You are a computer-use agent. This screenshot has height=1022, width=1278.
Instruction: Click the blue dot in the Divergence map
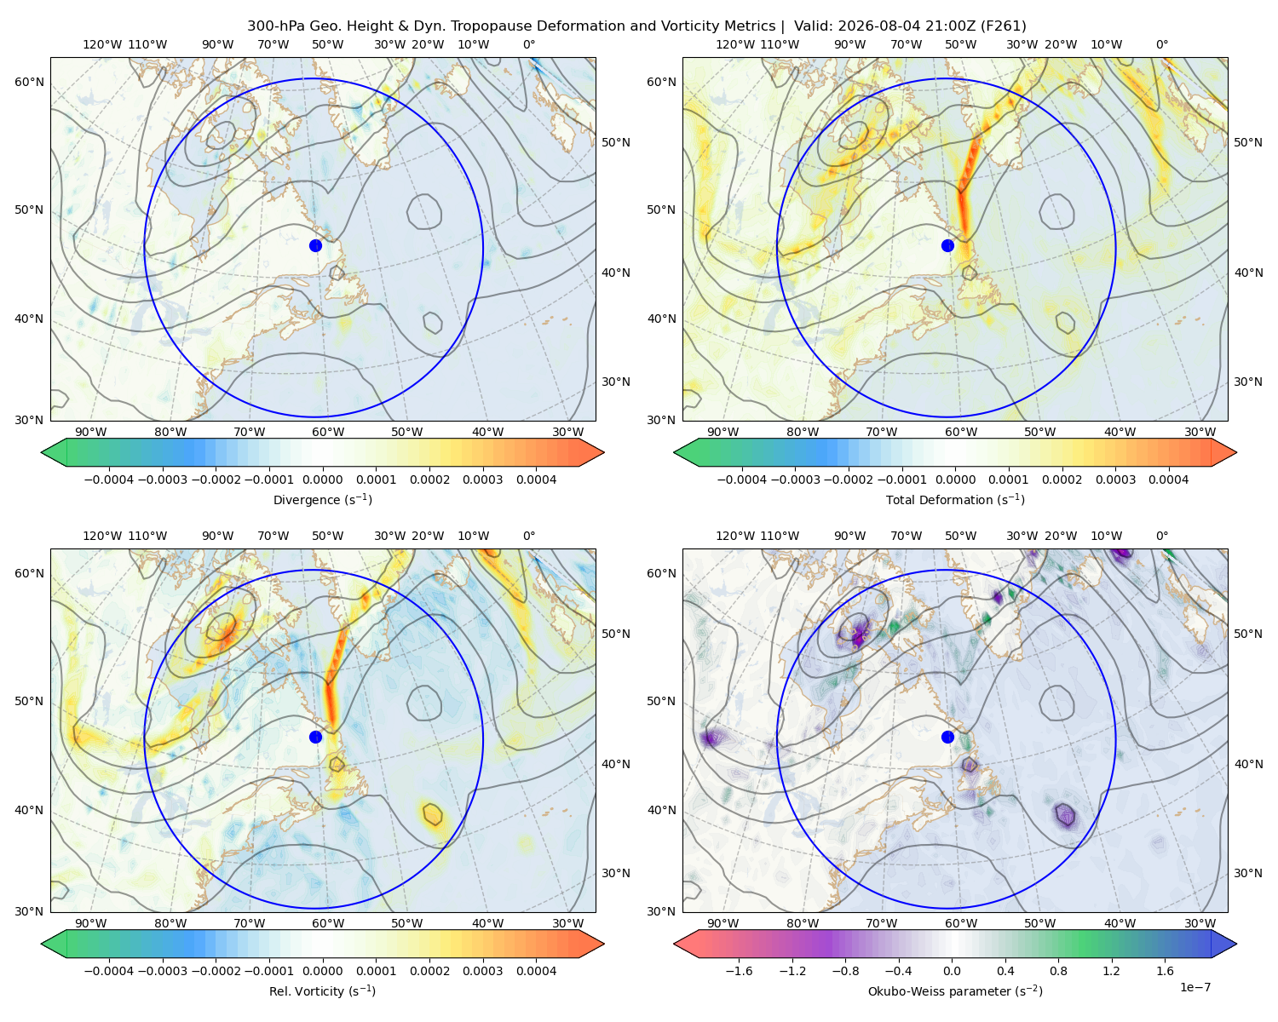tap(315, 245)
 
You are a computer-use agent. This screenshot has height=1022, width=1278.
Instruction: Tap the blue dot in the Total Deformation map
tap(947, 245)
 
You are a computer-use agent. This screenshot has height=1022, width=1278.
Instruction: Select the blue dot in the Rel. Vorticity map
tap(315, 737)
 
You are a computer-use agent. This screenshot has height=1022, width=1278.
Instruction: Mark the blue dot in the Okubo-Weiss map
tap(947, 737)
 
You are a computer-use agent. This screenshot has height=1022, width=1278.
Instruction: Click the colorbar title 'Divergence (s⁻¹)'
tap(322, 499)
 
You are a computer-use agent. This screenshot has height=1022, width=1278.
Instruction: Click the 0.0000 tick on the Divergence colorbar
tap(322, 479)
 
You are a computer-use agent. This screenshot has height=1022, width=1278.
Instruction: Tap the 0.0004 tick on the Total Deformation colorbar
tap(1168, 479)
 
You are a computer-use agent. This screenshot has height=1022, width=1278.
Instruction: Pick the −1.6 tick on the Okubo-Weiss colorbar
tap(739, 971)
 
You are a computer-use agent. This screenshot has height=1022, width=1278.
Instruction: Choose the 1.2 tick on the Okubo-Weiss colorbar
tap(1111, 971)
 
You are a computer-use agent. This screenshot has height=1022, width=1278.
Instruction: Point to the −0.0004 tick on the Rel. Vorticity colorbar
tap(109, 971)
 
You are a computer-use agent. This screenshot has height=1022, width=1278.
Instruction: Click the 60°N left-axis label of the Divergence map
tap(29, 82)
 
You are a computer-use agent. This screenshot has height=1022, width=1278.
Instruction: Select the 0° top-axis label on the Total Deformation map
tap(1161, 44)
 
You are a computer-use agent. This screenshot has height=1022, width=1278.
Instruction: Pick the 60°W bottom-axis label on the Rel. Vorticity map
tap(328, 923)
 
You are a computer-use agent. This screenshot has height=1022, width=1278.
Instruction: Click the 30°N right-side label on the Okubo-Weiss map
tap(1247, 873)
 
